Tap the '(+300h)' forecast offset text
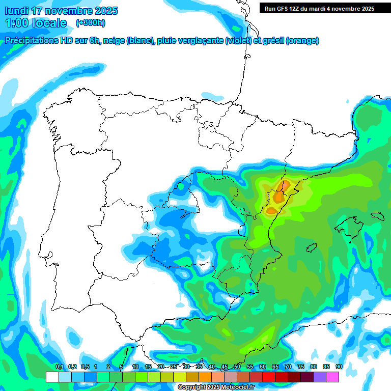(91, 22)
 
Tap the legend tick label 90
(339, 367)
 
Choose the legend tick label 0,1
(59, 367)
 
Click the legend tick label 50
(237, 367)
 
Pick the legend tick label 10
(135, 367)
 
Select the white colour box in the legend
(52, 377)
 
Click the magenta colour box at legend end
(346, 377)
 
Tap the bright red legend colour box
(269, 377)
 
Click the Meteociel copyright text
(216, 387)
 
